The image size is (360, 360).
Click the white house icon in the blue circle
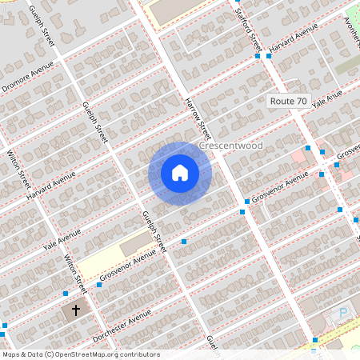tap(180, 173)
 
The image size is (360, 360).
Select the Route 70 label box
tap(288, 102)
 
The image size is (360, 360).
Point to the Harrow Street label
tap(197, 118)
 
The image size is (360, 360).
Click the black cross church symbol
tap(77, 310)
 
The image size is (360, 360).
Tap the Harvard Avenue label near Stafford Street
tap(294, 42)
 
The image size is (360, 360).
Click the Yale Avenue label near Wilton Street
tap(62, 238)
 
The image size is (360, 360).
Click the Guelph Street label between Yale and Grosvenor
tap(153, 232)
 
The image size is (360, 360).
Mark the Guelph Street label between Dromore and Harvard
tap(94, 122)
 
